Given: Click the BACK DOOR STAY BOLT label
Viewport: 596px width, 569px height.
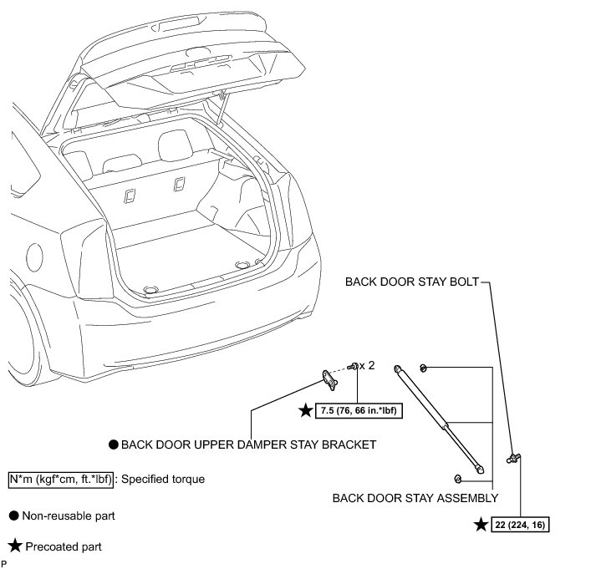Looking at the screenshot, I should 411,282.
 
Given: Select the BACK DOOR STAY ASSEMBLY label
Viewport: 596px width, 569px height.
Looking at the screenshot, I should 415,499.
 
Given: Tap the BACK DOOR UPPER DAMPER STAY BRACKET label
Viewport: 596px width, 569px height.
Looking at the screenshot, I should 248,445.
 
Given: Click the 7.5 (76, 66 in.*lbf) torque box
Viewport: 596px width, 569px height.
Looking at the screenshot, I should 360,411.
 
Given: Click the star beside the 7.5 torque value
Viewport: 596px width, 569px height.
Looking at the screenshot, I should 307,410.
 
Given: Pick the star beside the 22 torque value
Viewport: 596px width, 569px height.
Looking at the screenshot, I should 481,524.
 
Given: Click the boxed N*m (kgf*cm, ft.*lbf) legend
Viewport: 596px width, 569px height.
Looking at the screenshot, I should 59,480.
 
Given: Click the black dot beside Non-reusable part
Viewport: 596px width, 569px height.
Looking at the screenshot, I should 13,516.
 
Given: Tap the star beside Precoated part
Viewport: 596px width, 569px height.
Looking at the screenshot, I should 14,547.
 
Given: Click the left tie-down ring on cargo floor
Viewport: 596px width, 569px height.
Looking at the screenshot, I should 151,288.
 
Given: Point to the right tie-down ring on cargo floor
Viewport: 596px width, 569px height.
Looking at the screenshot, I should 243,264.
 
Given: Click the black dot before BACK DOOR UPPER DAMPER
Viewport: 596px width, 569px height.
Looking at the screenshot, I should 113,445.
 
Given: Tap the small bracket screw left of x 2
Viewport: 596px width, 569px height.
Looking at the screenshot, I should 355,365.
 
